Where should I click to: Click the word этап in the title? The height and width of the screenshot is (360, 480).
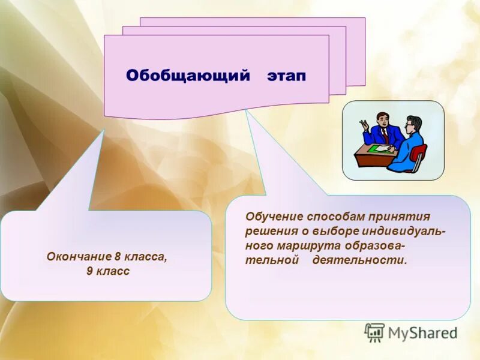pyautogui.click(x=287, y=76)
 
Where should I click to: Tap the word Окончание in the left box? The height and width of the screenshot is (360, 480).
pyautogui.click(x=79, y=256)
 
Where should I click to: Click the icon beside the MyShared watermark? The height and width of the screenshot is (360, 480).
pyautogui.click(x=374, y=332)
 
